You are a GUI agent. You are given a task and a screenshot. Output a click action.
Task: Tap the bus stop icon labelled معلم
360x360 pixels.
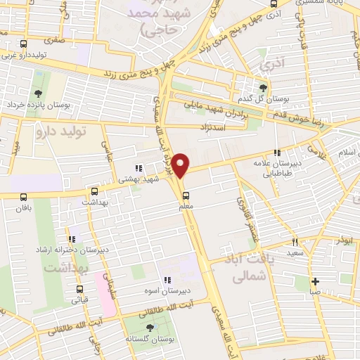[186, 195]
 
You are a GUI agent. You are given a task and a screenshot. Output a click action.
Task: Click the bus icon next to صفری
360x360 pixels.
[25, 43]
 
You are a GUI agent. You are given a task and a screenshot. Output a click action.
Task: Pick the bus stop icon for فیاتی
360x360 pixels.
[79, 288]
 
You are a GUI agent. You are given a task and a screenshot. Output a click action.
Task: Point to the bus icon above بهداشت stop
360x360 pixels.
[95, 191]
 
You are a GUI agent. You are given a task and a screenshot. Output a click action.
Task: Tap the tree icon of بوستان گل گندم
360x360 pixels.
[263, 88]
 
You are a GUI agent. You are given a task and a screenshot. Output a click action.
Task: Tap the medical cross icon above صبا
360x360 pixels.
[316, 281]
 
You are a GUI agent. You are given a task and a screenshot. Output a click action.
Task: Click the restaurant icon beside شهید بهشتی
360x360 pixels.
[139, 168]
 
